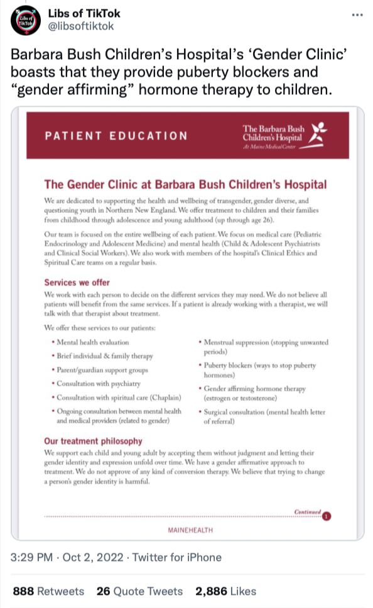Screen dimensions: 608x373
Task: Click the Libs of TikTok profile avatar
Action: coord(24,19)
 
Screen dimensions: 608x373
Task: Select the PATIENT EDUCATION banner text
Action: coord(116,136)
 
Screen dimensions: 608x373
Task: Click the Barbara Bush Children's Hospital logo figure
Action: coord(319,131)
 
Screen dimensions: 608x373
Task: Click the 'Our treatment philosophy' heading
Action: coord(93,441)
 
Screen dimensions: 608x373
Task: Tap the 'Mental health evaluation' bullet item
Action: coord(92,342)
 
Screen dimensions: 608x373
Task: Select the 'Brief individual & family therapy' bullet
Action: coord(104,356)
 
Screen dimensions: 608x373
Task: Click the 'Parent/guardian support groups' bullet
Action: coord(102,370)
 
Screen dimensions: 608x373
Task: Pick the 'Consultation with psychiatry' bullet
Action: coord(99,383)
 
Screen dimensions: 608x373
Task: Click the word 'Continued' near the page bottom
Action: coord(308,511)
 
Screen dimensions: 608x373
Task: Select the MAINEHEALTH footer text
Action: coord(190,530)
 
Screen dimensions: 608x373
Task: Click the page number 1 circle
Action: coord(327,516)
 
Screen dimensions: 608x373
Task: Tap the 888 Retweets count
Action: coord(48,591)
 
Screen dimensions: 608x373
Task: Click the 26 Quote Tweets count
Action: coord(139,591)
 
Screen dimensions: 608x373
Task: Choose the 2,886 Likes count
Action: coord(225,591)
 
